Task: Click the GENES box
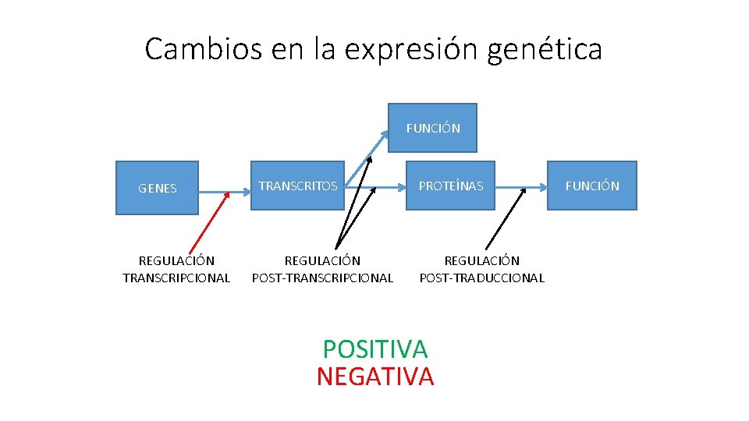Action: coord(157,188)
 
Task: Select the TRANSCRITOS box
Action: coord(297,186)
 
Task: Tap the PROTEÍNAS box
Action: coord(450,186)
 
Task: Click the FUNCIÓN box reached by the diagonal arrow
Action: coord(433,128)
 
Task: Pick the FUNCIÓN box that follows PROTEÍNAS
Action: coord(591,186)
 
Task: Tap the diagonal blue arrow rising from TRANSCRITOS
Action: coord(367,160)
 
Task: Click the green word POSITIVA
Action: coord(374,348)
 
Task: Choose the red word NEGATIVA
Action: coord(374,377)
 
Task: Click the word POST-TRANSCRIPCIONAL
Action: coord(322,278)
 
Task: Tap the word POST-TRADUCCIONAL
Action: coord(481,278)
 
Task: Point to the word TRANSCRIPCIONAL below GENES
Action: coord(176,278)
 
